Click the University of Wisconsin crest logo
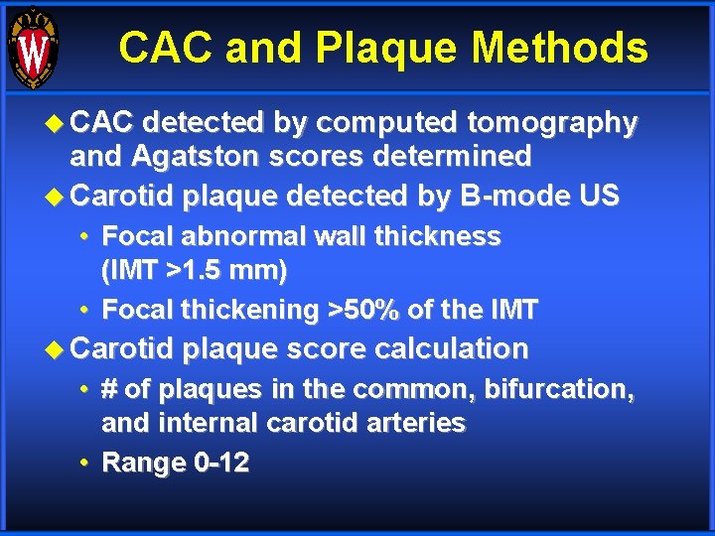point(33,47)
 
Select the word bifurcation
point(554,389)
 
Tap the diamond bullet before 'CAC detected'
point(56,124)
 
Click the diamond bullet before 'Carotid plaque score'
point(56,349)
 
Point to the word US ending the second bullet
point(600,197)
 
